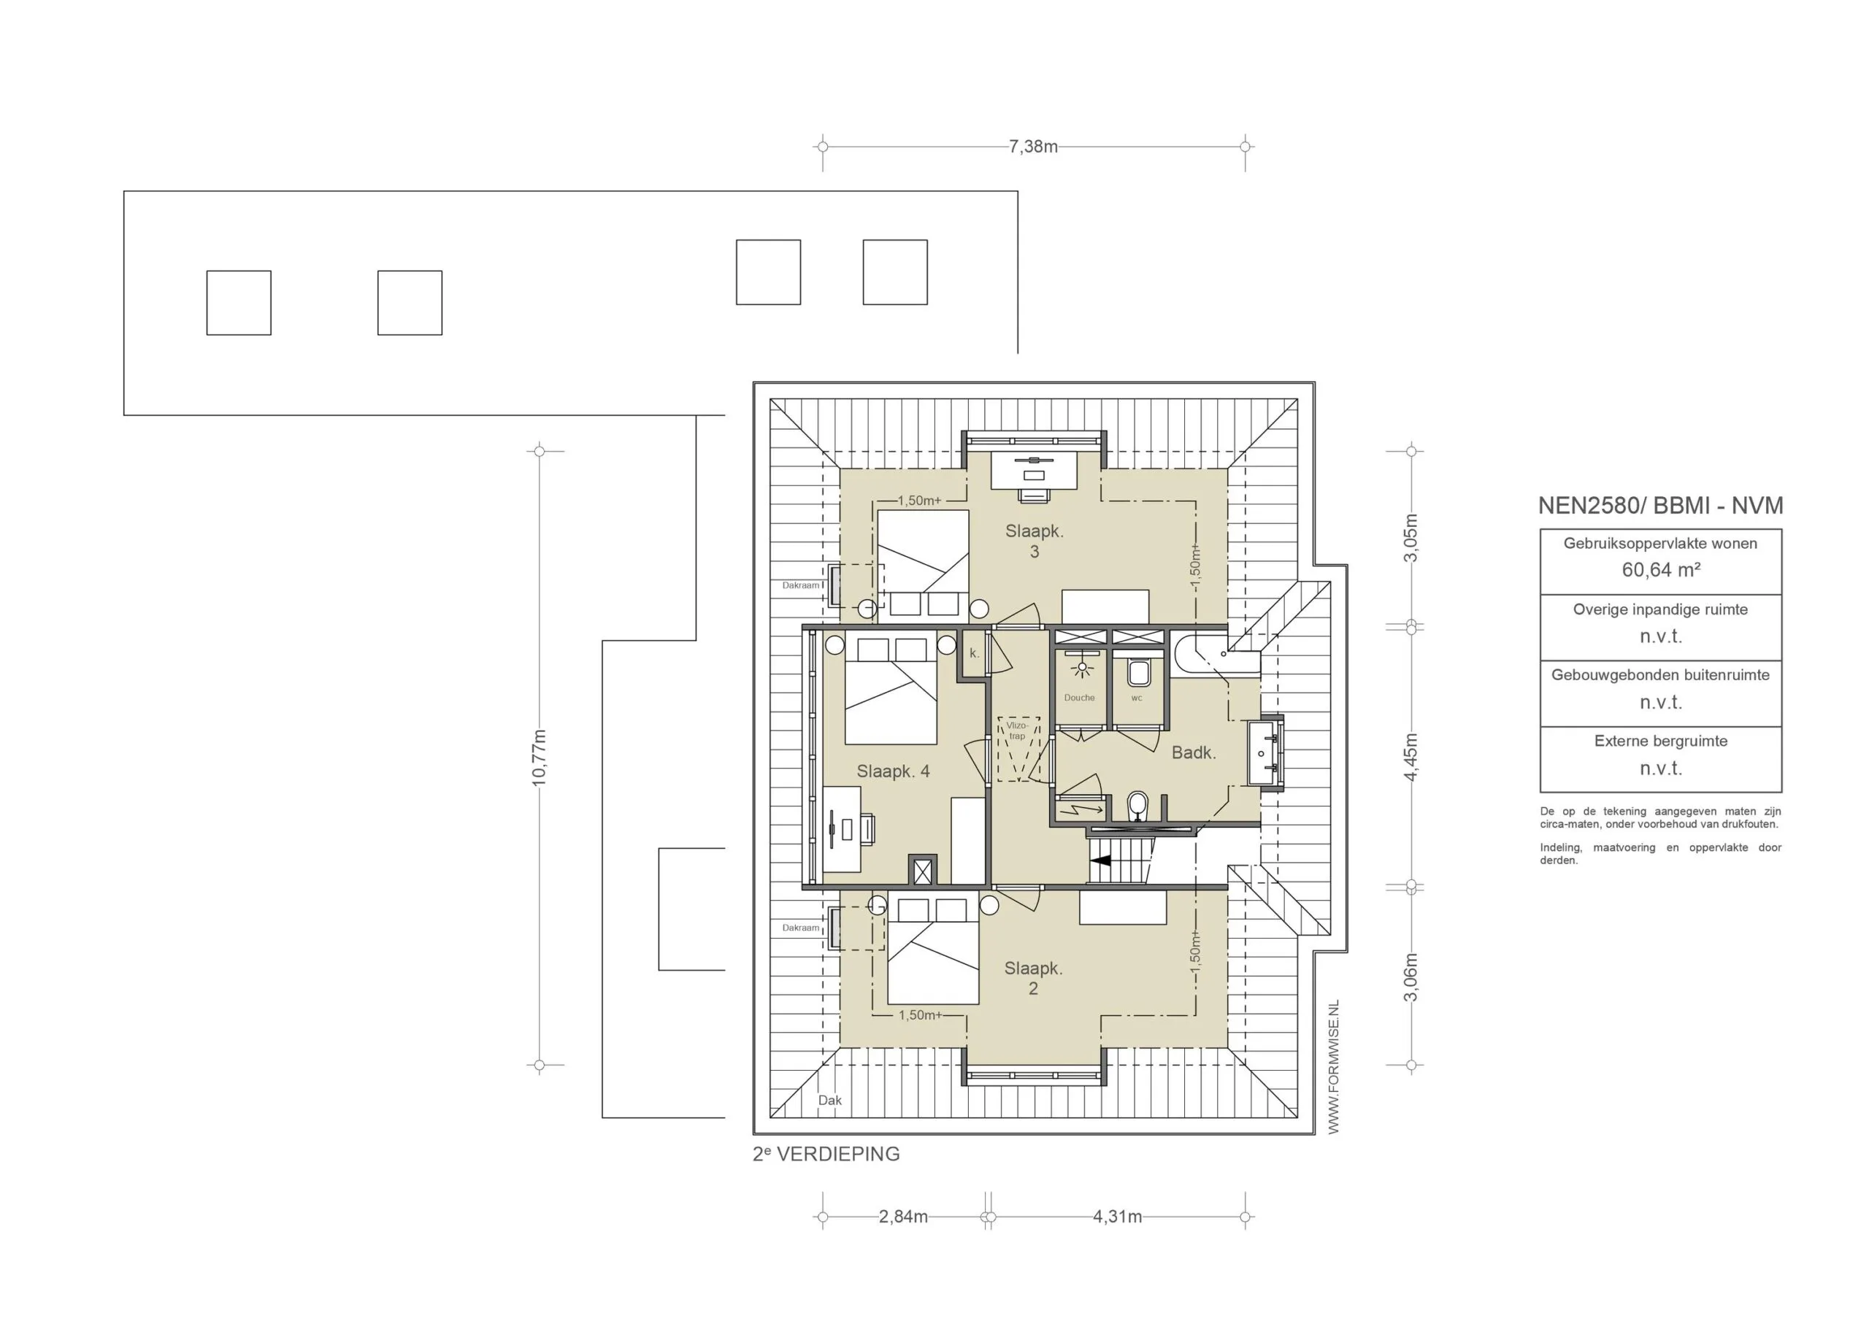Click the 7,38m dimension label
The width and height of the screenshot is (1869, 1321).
pyautogui.click(x=1032, y=147)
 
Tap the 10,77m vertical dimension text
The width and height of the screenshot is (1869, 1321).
pyautogui.click(x=539, y=758)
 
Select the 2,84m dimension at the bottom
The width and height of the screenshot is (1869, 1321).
pyautogui.click(x=903, y=1217)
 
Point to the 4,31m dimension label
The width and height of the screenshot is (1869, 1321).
pyautogui.click(x=1117, y=1217)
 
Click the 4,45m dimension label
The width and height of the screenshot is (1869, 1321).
pyautogui.click(x=1411, y=757)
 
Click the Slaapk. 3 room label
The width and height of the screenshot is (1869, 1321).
pyautogui.click(x=1034, y=542)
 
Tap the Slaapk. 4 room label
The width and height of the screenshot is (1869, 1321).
pyautogui.click(x=893, y=771)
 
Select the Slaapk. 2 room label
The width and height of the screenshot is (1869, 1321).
pyautogui.click(x=1033, y=978)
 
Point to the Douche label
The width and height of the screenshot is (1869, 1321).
pyautogui.click(x=1079, y=698)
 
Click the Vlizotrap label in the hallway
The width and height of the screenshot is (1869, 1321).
pyautogui.click(x=1018, y=730)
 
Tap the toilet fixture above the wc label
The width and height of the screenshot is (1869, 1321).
pyautogui.click(x=1138, y=673)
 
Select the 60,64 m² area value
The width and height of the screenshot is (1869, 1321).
pyautogui.click(x=1661, y=570)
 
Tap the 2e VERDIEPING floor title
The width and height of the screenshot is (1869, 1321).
pyautogui.click(x=826, y=1154)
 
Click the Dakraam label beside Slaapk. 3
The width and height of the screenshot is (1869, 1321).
pyautogui.click(x=800, y=585)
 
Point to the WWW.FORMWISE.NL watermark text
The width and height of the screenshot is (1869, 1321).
pyautogui.click(x=1333, y=1067)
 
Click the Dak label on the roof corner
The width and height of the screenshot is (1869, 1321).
pyautogui.click(x=829, y=1101)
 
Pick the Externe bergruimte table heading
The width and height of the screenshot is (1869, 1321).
pyautogui.click(x=1661, y=741)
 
